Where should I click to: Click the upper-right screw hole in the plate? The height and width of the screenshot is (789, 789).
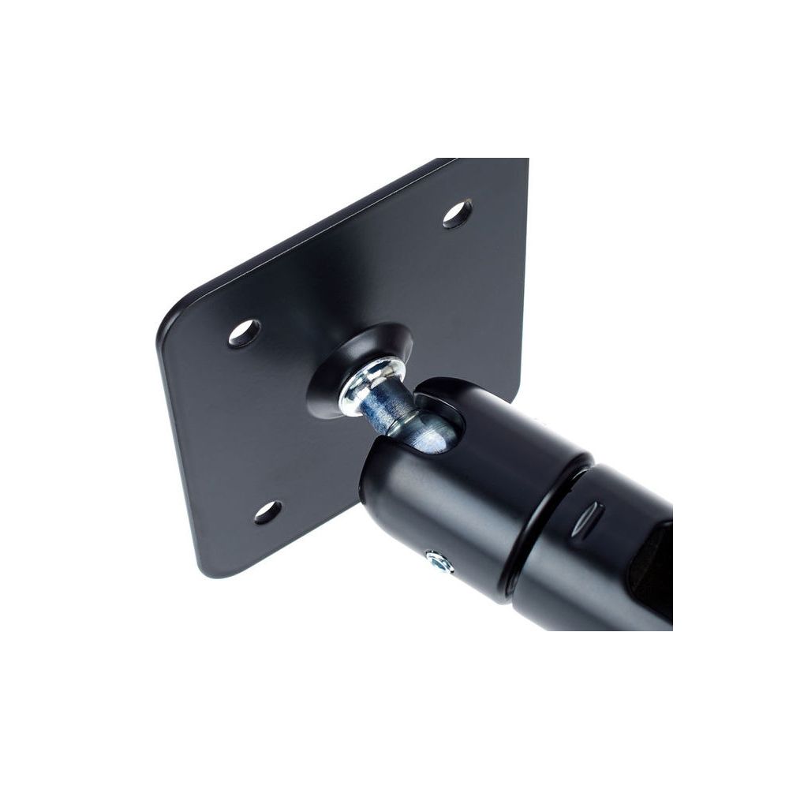coord(457,214)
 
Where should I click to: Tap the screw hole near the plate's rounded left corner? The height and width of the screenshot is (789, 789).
coord(244,333)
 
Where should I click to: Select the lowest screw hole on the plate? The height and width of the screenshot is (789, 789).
coord(267,512)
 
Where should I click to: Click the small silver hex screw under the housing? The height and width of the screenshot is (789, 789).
coord(439,563)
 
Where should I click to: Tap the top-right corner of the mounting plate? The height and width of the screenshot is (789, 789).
coord(524,162)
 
